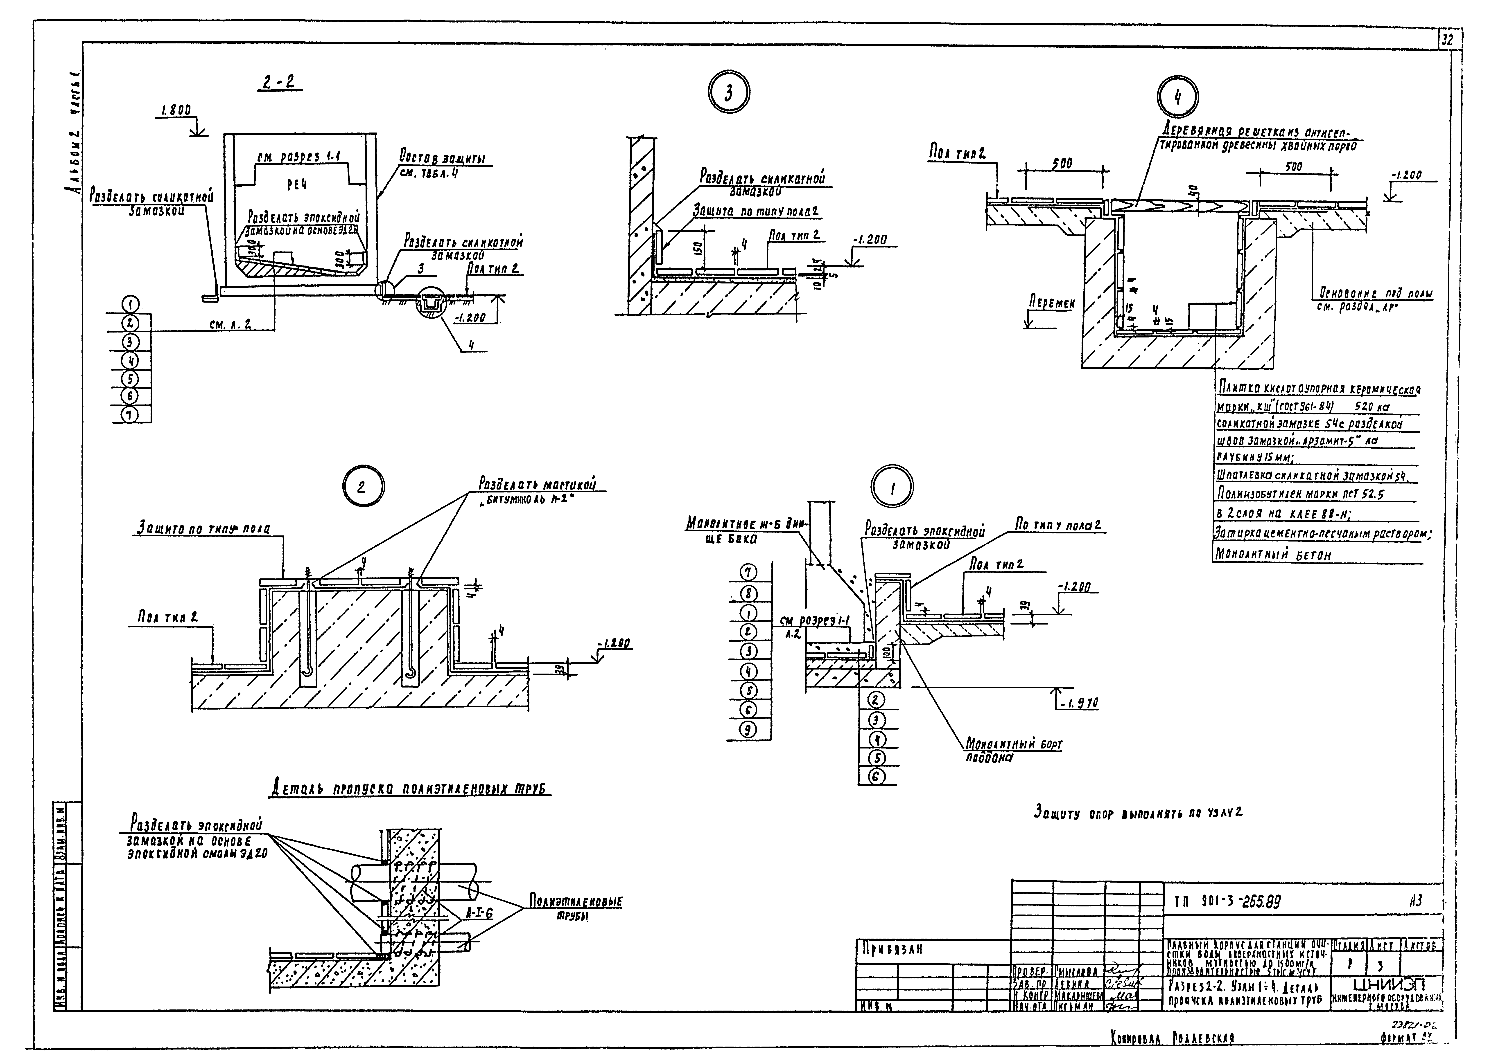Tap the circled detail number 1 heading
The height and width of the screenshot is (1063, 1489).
click(x=892, y=488)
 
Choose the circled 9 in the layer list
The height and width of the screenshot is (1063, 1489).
click(x=748, y=728)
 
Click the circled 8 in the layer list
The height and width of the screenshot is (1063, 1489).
click(x=748, y=594)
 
